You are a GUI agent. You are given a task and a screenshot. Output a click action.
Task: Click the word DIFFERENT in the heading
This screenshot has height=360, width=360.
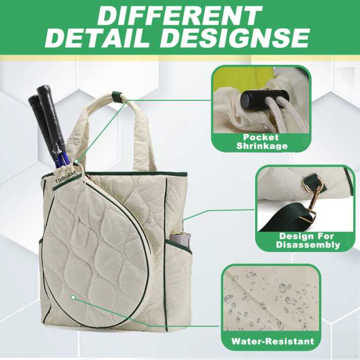click(179, 15)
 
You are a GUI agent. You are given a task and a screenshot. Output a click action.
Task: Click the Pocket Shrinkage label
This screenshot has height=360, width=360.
click(261, 141)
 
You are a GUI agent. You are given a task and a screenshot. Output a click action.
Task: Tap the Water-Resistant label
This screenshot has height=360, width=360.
click(273, 340)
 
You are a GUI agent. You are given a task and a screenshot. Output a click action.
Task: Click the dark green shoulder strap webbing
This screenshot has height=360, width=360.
click(293, 221)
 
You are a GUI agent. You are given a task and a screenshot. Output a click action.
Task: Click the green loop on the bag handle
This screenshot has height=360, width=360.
click(118, 97)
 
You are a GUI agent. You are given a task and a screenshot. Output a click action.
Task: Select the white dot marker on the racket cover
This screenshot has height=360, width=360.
click(74, 297)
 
